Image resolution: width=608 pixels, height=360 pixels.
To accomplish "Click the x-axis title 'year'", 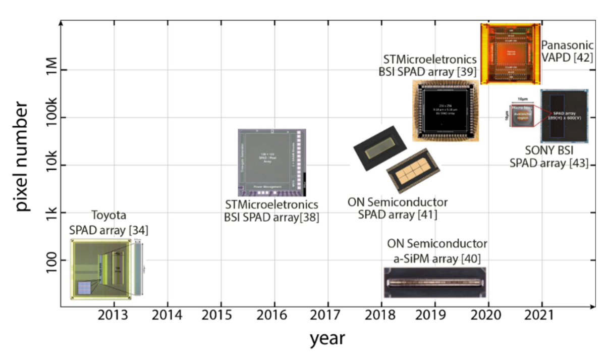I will coord(327,338).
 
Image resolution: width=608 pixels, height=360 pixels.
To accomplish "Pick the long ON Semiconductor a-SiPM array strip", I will coord(434,282).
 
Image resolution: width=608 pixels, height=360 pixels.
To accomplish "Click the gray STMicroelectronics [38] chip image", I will coord(272,162).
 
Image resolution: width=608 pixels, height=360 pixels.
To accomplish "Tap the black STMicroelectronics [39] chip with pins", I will coord(446,111).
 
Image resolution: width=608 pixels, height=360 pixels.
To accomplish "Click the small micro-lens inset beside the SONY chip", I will coord(522,115).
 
